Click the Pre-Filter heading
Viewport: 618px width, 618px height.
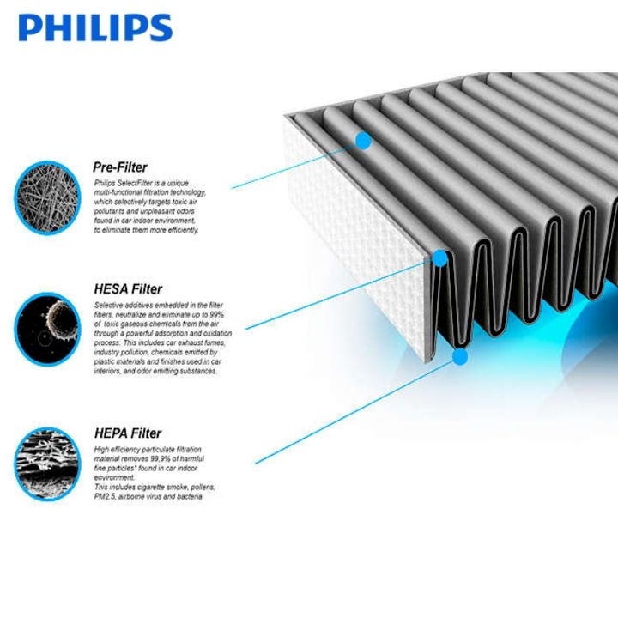[x=119, y=167]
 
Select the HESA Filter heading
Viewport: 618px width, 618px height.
[x=127, y=289]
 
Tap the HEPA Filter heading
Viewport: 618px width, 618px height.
[x=127, y=433]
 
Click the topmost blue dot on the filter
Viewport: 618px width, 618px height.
[x=363, y=140]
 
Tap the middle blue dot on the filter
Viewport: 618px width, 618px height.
[x=440, y=257]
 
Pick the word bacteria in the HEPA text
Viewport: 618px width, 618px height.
[x=191, y=497]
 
